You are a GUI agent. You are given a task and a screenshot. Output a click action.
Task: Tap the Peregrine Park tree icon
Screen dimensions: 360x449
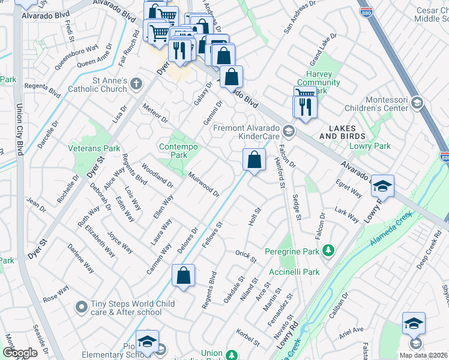328,249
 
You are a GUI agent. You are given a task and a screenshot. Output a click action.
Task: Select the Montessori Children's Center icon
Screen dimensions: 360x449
416,103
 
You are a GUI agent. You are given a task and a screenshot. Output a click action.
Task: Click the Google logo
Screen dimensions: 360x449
20,353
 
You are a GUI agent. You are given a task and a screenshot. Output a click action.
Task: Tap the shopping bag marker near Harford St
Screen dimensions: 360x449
254,160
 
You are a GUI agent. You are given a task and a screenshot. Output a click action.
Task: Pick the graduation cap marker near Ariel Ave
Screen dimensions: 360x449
414,324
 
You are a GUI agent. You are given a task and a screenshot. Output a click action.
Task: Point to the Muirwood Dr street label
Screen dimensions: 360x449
203,184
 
